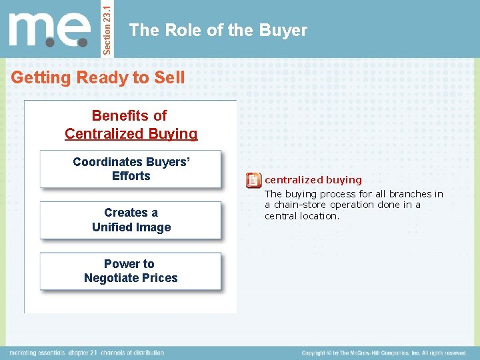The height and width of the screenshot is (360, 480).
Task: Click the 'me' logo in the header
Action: [49, 29]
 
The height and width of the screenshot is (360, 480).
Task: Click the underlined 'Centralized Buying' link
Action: [131, 133]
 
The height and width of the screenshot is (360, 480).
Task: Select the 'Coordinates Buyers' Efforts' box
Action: [131, 169]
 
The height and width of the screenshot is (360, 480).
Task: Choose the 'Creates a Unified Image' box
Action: [131, 220]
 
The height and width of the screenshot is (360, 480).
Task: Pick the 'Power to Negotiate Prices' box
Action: [131, 271]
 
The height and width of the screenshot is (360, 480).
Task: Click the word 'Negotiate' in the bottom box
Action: [117, 278]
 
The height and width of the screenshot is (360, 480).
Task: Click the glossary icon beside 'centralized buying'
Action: [253, 180]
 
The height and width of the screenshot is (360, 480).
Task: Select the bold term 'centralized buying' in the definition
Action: [313, 180]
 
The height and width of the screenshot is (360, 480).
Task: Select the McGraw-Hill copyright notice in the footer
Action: [383, 352]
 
